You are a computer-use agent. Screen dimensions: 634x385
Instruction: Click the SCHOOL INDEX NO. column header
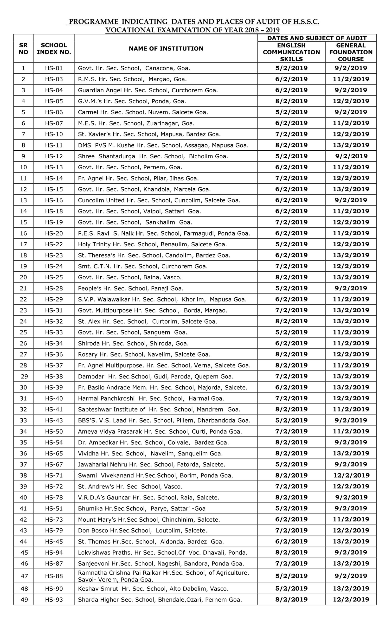click(x=54, y=49)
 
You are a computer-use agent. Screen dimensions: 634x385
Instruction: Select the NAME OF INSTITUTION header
click(x=166, y=49)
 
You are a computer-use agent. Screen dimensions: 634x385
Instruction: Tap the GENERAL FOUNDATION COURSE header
click(x=351, y=52)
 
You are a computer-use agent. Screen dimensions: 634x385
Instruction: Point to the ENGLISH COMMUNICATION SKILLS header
click(x=291, y=52)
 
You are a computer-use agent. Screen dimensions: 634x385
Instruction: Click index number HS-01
click(x=54, y=68)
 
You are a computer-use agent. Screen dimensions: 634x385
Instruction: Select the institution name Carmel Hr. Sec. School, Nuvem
click(x=143, y=112)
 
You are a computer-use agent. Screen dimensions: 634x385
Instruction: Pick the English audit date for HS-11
click(x=291, y=145)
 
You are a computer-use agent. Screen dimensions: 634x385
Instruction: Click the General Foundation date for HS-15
click(x=351, y=189)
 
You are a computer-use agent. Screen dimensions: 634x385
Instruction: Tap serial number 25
click(x=23, y=332)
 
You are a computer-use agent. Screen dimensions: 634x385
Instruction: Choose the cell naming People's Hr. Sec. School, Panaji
click(x=131, y=288)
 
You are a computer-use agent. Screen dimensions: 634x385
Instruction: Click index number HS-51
click(x=54, y=508)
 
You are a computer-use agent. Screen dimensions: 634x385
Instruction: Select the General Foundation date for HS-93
click(x=351, y=599)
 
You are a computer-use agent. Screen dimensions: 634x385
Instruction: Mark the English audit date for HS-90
click(x=291, y=588)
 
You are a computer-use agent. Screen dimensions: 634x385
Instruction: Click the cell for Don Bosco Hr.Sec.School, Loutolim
click(x=142, y=530)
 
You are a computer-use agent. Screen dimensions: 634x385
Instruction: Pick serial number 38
click(x=23, y=475)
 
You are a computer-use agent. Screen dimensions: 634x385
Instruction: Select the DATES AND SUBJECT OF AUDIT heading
click(x=317, y=38)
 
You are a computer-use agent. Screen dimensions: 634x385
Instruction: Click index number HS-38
click(x=54, y=377)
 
